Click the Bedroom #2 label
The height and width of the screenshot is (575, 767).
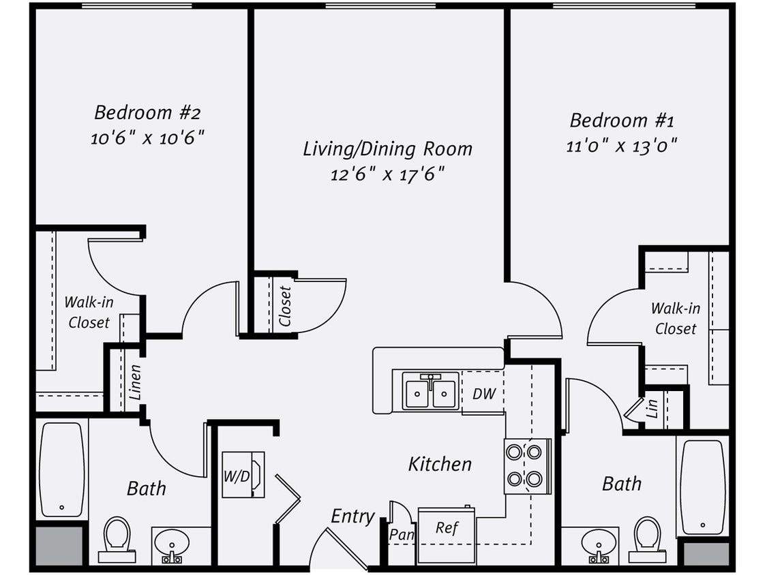147,112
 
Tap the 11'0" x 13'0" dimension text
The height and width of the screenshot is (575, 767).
621,146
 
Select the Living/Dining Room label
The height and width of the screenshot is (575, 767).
387,149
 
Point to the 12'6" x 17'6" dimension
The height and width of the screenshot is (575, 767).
387,174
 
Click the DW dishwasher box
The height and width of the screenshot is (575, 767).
483,394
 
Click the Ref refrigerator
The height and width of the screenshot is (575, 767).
447,528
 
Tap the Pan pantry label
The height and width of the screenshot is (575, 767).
402,535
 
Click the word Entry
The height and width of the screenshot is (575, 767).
352,516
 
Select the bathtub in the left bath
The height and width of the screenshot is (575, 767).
61,469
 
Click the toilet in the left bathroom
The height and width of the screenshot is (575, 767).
117,538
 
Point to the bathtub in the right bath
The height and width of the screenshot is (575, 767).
702,487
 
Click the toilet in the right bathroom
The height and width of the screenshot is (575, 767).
646,538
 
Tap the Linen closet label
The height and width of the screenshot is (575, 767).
135,382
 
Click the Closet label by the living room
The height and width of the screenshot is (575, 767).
285,306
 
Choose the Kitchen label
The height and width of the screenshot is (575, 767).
440,465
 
